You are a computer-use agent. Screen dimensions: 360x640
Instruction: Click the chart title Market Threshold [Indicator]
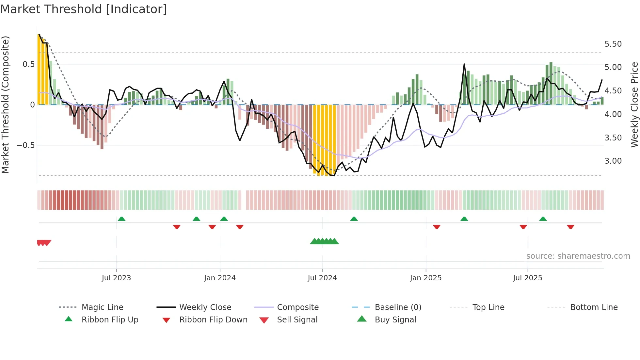coord(84,9)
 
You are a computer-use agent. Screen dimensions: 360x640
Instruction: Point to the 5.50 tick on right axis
coord(613,44)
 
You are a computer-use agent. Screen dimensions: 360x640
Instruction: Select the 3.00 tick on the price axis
coord(613,161)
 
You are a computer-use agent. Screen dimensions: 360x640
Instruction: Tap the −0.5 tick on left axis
coord(26,145)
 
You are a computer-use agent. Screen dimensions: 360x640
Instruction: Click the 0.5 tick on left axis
coord(28,64)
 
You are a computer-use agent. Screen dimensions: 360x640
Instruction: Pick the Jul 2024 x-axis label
coord(322,278)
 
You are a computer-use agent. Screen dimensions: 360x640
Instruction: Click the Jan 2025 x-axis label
coord(425,278)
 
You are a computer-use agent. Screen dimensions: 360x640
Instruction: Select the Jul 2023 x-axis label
coord(116,278)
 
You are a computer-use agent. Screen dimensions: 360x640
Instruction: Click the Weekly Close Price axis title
coord(634,105)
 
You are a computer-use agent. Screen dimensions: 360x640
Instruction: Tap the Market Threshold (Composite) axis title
coord(5,105)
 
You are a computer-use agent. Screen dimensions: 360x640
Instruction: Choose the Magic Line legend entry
coord(102,307)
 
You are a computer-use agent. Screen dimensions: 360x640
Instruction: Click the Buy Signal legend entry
coord(395,320)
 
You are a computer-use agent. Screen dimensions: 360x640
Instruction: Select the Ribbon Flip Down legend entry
coord(213,320)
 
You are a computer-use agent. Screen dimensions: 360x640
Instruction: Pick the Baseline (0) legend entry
coord(398,307)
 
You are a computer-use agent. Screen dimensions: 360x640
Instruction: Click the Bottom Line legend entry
coord(594,307)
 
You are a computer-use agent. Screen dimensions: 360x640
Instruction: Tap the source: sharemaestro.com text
coord(578,256)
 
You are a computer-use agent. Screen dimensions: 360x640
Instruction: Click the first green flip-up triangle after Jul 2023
coord(121,219)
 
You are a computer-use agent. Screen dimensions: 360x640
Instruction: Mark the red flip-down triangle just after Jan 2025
coord(437,227)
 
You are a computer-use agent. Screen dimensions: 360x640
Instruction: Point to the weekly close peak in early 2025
coord(464,64)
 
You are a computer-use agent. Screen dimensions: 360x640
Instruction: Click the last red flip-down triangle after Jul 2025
coord(570,227)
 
